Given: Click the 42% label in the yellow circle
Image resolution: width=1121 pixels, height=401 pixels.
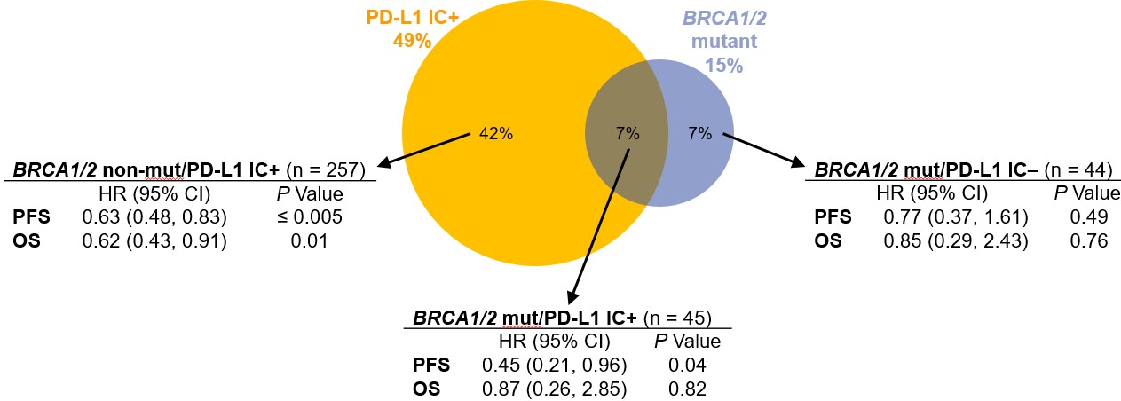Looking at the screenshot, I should pos(495,135).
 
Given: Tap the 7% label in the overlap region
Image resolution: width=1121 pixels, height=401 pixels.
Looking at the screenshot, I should pos(627,135).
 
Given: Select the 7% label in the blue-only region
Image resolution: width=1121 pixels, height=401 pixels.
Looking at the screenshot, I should pos(699,135).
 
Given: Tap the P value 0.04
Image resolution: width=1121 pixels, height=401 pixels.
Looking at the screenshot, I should pos(687,365).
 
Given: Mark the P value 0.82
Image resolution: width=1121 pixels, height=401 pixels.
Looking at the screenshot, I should pos(687,388).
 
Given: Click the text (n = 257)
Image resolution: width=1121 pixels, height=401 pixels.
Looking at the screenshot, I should pos(334,169).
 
